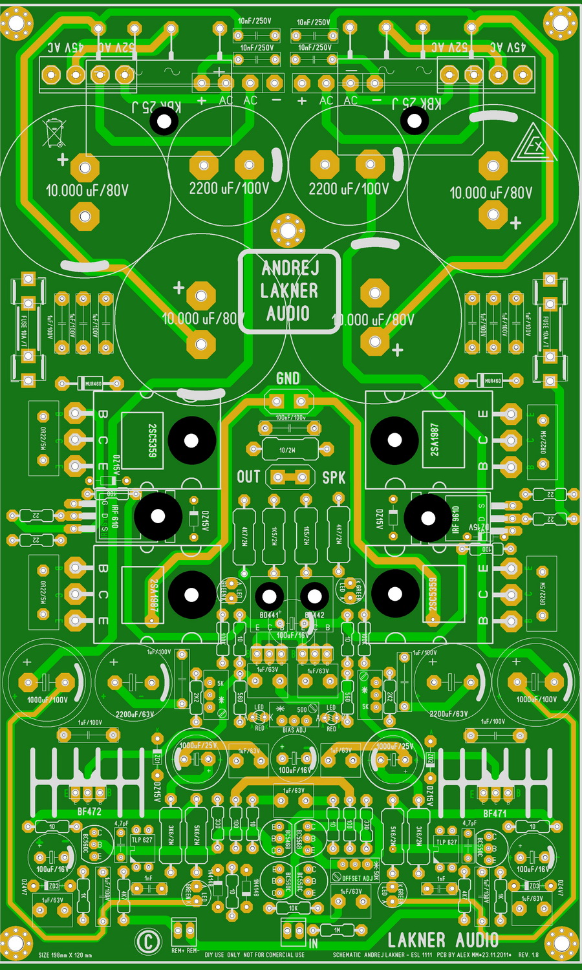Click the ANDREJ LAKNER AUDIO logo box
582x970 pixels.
(288, 292)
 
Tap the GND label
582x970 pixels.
(288, 378)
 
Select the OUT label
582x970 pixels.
(248, 477)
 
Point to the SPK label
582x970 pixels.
(334, 478)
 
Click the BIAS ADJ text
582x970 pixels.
(294, 730)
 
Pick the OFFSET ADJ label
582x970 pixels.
(358, 878)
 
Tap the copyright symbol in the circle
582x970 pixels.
(148, 941)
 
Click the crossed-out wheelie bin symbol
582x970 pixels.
(54, 133)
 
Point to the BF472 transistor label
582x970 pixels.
(89, 812)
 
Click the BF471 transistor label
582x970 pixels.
(495, 813)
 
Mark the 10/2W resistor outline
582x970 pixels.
(288, 449)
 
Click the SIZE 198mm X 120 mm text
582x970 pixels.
(65, 955)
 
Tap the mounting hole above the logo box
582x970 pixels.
(288, 230)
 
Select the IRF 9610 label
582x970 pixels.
(455, 519)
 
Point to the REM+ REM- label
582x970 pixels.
(185, 951)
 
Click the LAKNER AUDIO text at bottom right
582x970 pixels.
(443, 940)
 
